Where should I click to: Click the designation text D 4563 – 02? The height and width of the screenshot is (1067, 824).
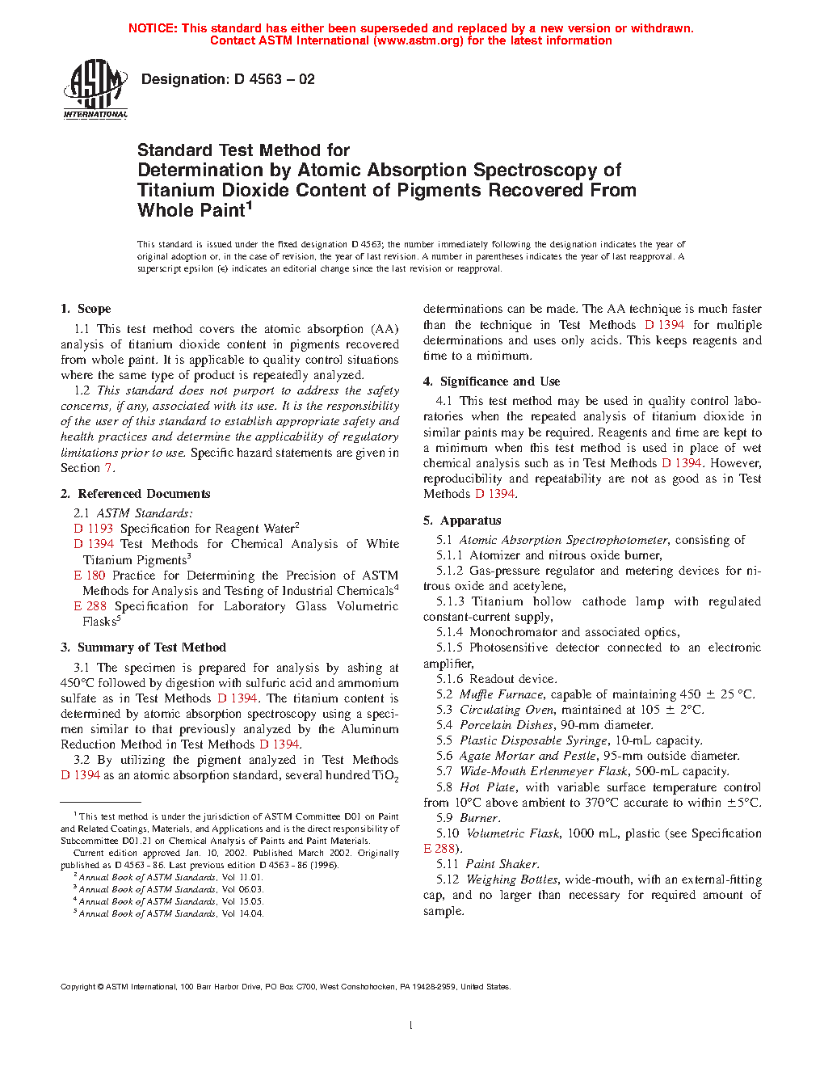click(228, 79)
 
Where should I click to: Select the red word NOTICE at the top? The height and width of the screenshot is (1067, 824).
click(152, 28)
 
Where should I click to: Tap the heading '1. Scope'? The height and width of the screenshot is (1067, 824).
click(86, 309)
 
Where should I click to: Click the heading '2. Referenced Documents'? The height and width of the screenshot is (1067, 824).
click(136, 494)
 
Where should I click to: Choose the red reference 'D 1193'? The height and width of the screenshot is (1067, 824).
click(94, 529)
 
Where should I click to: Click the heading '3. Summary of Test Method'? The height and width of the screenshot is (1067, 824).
click(143, 647)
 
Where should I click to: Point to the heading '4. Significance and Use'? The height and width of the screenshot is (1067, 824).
click(491, 382)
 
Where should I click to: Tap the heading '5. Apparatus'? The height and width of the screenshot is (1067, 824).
click(462, 521)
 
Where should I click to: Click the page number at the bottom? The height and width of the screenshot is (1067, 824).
click(411, 1026)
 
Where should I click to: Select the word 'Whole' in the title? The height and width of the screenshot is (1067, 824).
click(166, 211)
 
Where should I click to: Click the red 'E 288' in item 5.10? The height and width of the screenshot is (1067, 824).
click(439, 849)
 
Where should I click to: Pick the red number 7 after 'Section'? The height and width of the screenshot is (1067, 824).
click(108, 468)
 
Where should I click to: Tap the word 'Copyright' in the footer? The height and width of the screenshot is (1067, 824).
click(78, 987)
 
